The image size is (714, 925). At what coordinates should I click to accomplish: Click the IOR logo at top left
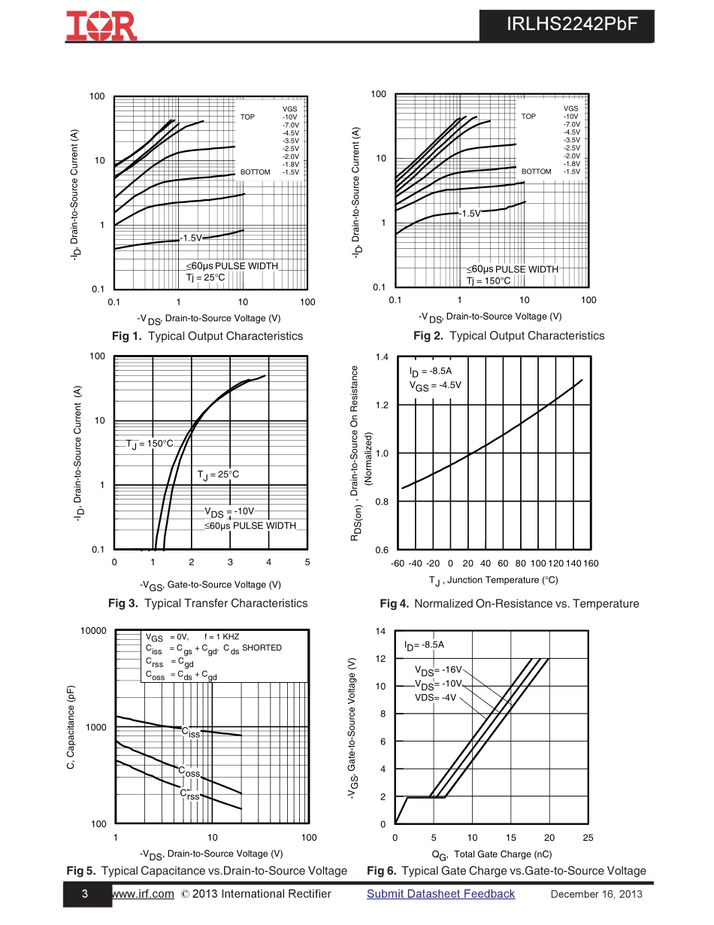click(101, 26)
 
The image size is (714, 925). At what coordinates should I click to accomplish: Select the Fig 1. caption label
click(126, 336)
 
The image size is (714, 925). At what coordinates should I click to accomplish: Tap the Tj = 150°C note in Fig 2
click(488, 281)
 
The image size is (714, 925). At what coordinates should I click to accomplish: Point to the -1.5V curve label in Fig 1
click(191, 238)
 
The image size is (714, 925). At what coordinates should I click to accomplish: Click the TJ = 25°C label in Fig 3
click(218, 475)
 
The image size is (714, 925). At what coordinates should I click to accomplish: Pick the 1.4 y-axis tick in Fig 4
click(382, 356)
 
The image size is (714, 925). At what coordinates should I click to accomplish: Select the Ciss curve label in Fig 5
click(191, 732)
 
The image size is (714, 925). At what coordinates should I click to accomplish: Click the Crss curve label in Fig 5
click(189, 794)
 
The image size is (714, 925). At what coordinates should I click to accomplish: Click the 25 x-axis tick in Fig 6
click(588, 838)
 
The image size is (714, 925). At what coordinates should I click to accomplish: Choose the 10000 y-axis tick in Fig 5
click(93, 631)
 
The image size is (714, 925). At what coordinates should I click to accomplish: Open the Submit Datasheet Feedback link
click(440, 894)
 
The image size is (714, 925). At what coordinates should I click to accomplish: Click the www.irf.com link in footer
click(143, 894)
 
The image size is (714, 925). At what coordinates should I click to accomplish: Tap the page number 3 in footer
click(85, 894)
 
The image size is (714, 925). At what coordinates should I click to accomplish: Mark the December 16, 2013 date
click(596, 894)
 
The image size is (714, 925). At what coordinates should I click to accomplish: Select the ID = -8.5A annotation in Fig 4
click(431, 372)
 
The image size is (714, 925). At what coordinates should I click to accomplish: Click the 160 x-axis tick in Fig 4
click(591, 563)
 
